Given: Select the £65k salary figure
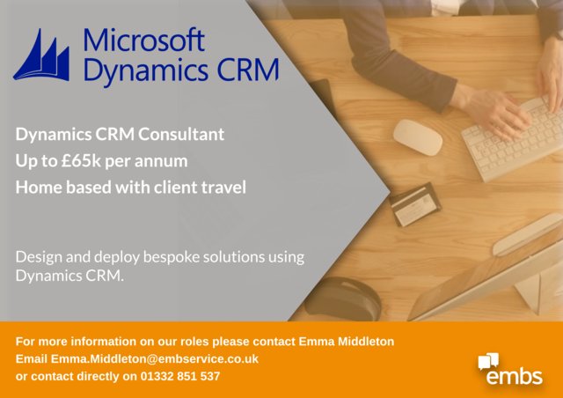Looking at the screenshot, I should [x=94, y=161].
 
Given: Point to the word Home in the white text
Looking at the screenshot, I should [x=37, y=187].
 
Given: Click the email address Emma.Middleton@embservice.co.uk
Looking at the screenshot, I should [x=155, y=359].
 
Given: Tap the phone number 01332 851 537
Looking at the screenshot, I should [x=172, y=377].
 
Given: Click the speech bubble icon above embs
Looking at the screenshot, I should [x=488, y=360].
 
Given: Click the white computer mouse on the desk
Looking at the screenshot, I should [x=417, y=136].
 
